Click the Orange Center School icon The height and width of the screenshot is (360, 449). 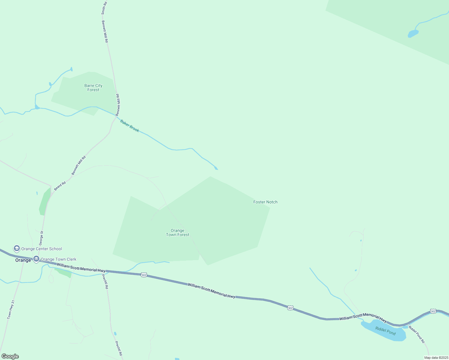point(17,248)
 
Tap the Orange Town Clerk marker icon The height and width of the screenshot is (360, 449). point(36,259)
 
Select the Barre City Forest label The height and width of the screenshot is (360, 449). point(93,88)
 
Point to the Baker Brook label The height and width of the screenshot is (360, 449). point(130,126)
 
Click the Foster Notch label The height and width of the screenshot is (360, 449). point(265,202)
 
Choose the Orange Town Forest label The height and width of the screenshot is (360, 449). point(178,232)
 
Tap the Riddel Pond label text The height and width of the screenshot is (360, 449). point(385,331)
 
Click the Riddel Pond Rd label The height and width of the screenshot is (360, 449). point(417,334)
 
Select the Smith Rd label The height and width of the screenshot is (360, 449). point(104,8)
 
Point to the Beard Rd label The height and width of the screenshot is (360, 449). point(60,186)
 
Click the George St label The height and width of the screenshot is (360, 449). point(42,238)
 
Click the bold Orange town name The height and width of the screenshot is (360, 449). point(23,260)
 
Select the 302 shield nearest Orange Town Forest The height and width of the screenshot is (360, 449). point(144,274)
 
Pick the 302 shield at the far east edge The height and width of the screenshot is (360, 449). point(433,311)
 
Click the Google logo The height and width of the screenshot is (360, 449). point(10,356)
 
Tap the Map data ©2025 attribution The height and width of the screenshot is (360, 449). point(436,358)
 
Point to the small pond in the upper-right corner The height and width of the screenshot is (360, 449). point(413,33)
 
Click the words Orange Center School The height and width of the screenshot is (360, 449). point(41,249)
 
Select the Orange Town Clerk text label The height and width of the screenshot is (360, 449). point(59,259)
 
